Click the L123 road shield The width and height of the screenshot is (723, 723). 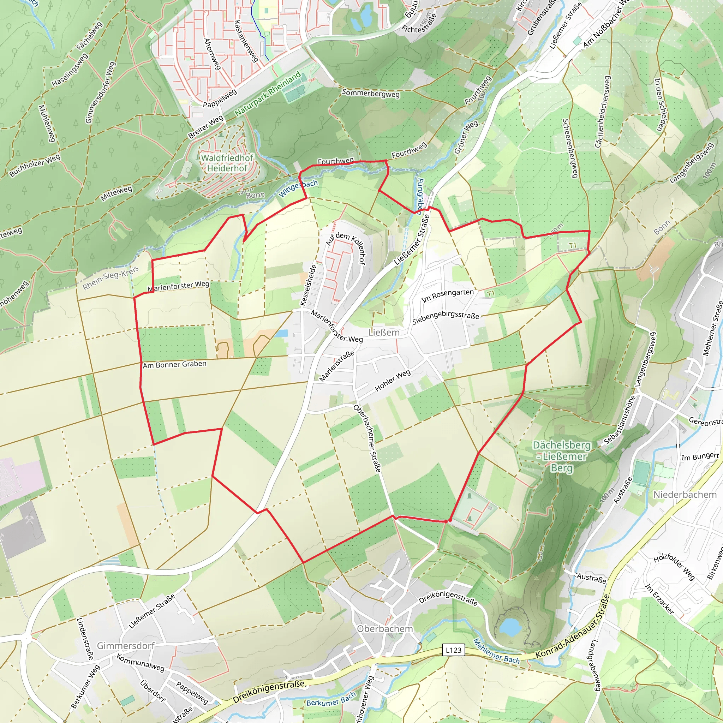coord(454,650)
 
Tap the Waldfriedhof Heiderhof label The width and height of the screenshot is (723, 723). coord(227,163)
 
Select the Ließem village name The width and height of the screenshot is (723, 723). coord(384,332)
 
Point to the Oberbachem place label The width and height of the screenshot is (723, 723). coord(385,629)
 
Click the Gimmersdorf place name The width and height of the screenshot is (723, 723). coord(126,646)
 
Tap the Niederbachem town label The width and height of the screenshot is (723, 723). coord(685,495)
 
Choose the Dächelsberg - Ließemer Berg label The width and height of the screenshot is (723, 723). coord(562,456)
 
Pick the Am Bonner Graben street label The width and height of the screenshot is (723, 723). coord(174,364)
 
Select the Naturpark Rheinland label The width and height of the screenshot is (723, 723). coord(268,94)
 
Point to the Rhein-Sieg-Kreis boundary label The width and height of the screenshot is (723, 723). coord(111,278)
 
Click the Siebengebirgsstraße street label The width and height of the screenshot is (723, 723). coord(446,318)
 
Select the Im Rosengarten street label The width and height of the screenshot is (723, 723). coord(448,295)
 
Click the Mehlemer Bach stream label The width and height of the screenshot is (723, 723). coord(497,651)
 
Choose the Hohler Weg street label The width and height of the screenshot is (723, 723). coord(393,381)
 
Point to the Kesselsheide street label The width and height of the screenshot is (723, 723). coord(309,285)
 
